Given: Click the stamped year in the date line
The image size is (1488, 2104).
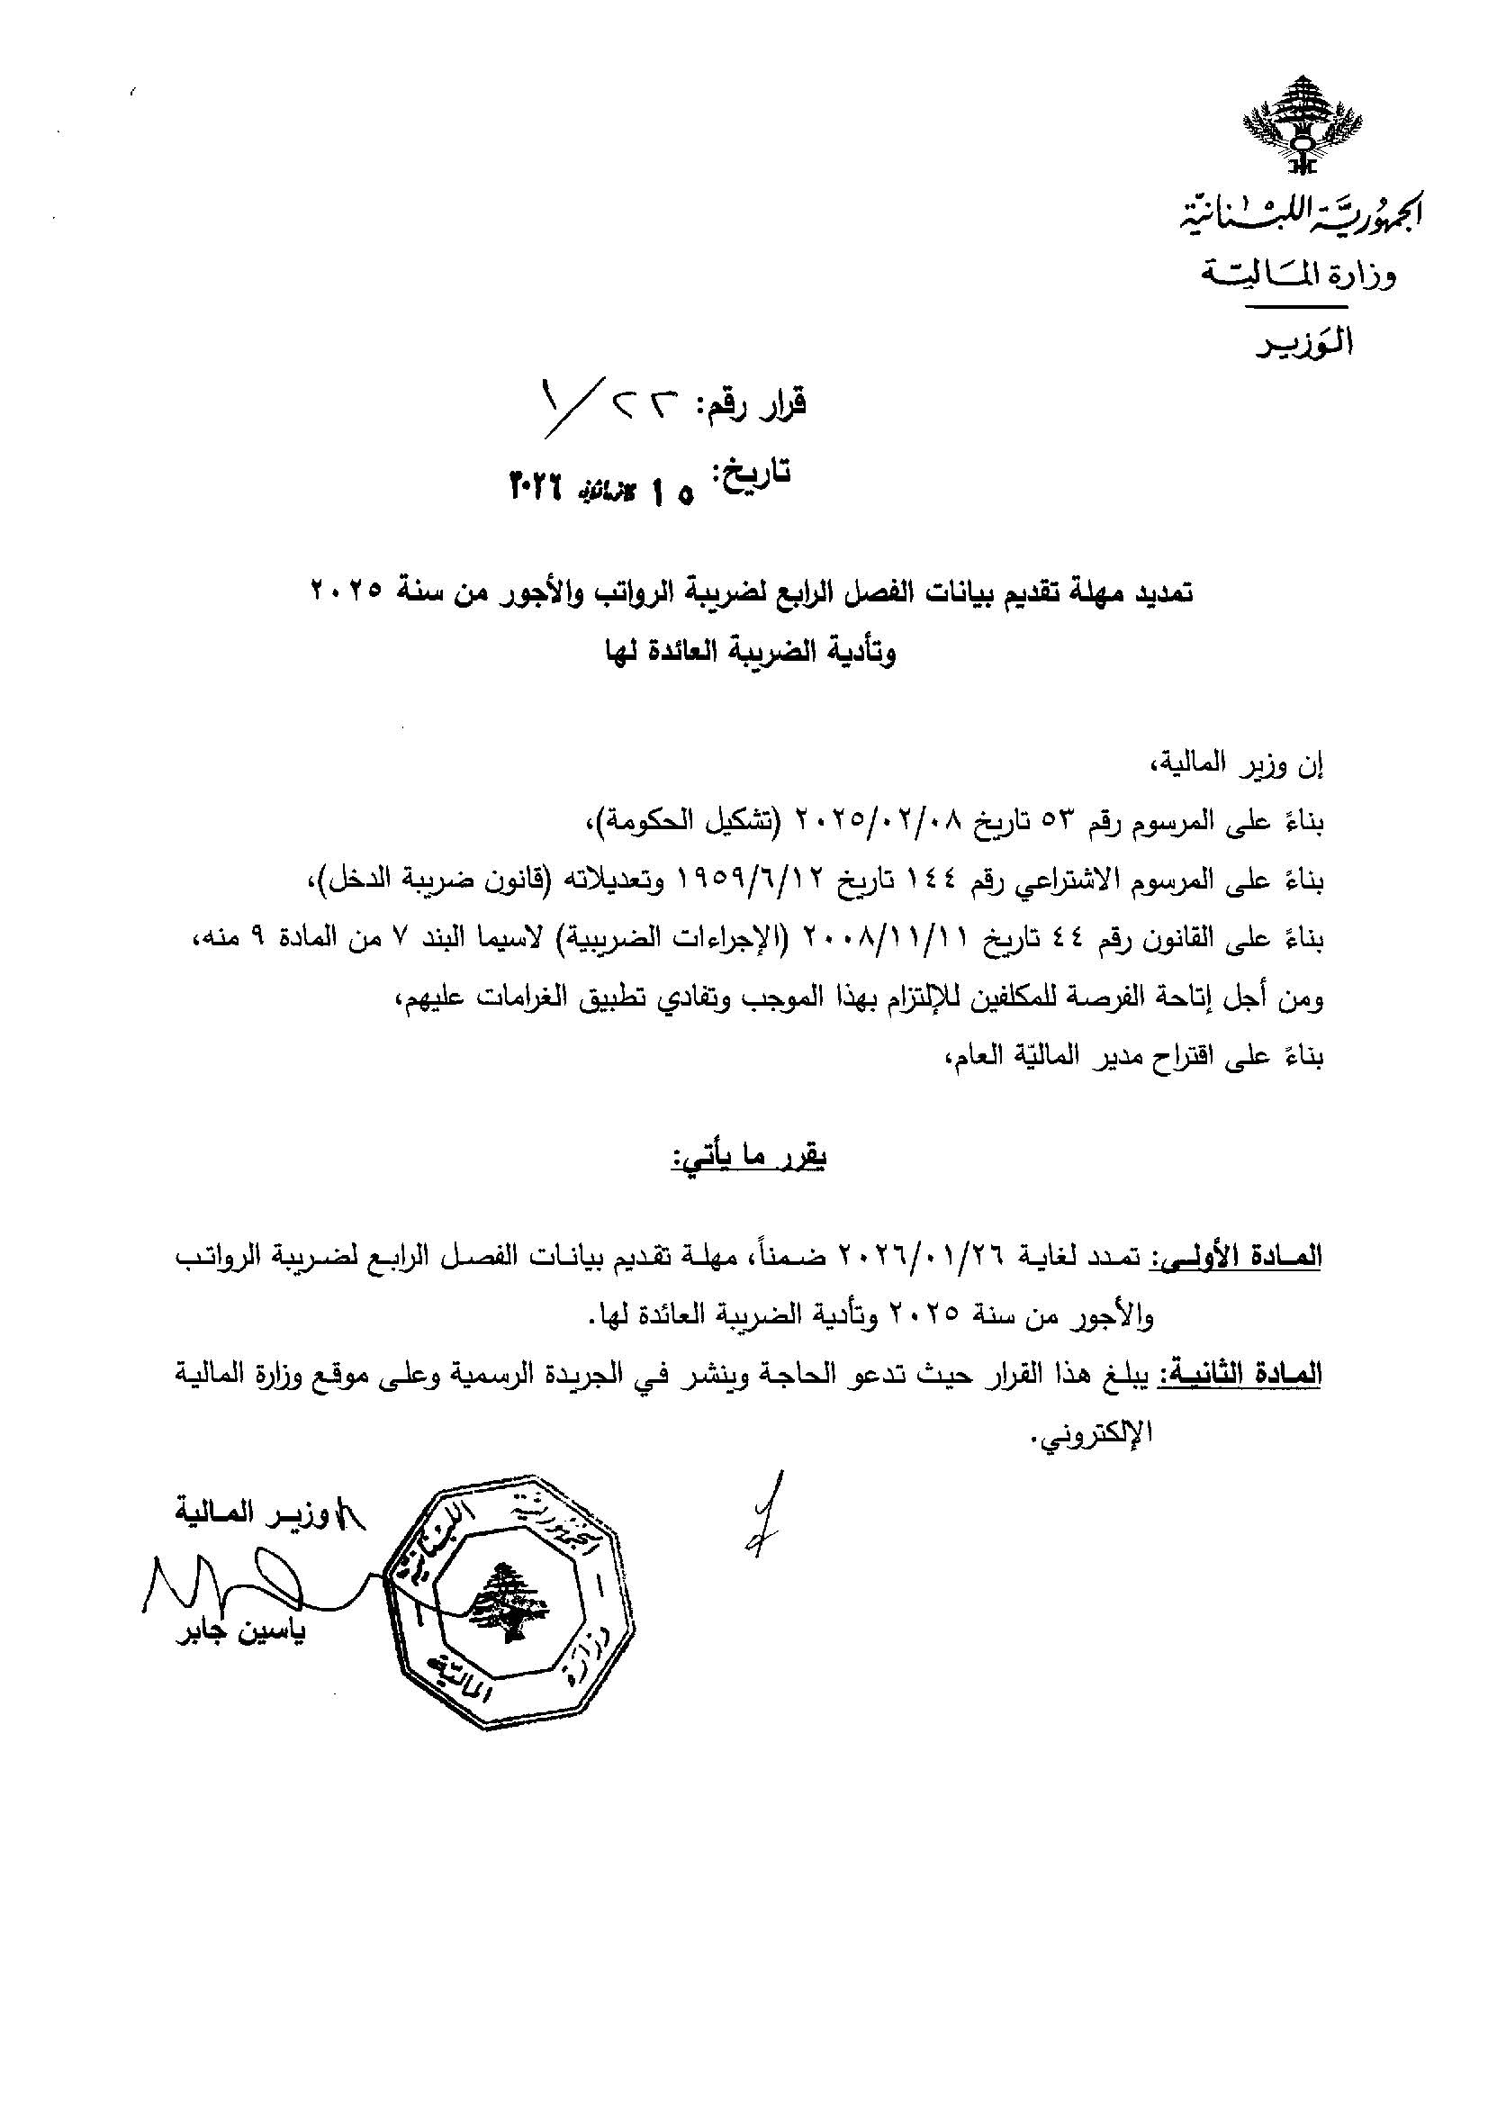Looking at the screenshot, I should point(537,483).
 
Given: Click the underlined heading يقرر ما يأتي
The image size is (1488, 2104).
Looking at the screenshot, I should point(749,1160).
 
